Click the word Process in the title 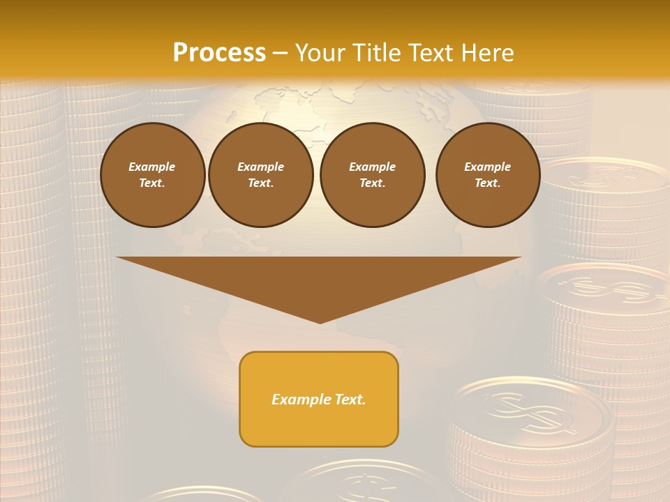coord(219,53)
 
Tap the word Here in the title coord(486,53)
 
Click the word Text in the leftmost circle coord(151,183)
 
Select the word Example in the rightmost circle coord(487,167)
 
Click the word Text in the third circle coord(372,183)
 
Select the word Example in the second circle coord(260,167)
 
